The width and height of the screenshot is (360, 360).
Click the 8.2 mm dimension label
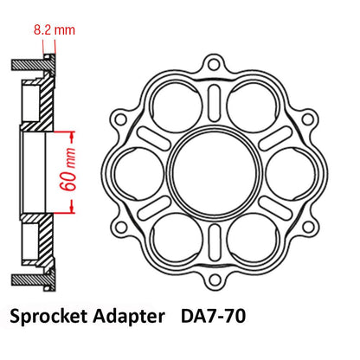pos(55,30)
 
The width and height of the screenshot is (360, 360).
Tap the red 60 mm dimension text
pos(68,170)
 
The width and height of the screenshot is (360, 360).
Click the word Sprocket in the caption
pos(48,317)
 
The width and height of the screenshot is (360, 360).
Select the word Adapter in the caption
pos(129,317)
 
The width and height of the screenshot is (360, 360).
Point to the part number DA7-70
pos(213,316)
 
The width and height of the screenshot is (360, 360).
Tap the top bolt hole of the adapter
pos(214,64)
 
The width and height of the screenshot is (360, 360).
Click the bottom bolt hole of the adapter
pos(214,280)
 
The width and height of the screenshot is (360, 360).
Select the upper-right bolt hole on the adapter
pos(307,119)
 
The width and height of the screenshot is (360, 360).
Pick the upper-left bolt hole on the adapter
pos(120,119)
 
